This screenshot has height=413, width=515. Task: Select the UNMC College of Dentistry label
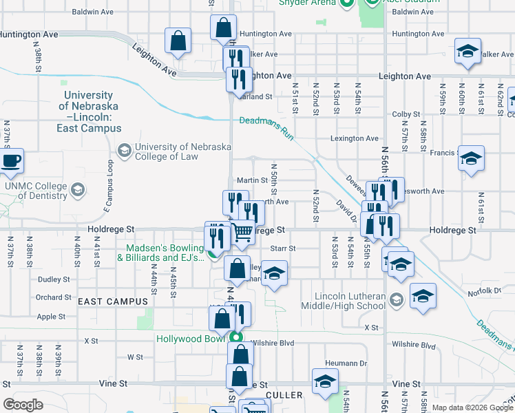36,191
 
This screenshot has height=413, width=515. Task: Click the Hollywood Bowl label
191,339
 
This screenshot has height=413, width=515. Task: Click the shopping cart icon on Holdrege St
242,234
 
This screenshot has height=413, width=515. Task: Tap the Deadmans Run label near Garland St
267,127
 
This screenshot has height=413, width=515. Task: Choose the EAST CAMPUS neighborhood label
113,301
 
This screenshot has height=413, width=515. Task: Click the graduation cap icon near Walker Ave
467,52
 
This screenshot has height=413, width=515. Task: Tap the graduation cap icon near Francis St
471,159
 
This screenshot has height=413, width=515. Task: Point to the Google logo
23,405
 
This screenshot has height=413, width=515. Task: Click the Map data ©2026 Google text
472,407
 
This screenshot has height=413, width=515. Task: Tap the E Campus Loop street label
108,186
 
